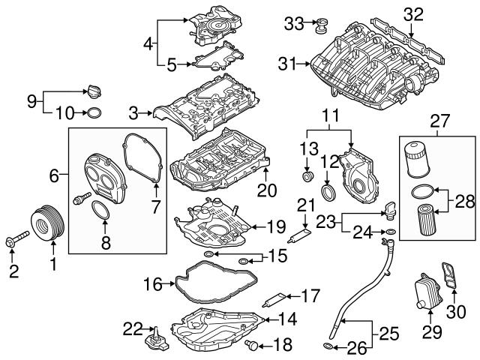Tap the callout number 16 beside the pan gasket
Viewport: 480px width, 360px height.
(152, 284)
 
